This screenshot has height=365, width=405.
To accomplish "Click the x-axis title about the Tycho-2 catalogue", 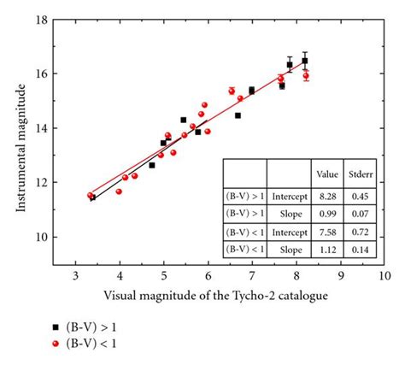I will (218, 296).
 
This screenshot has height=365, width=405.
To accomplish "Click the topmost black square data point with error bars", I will (305, 61).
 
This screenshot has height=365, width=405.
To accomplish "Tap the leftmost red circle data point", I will (91, 196).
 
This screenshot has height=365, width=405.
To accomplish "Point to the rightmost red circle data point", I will (306, 76).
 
